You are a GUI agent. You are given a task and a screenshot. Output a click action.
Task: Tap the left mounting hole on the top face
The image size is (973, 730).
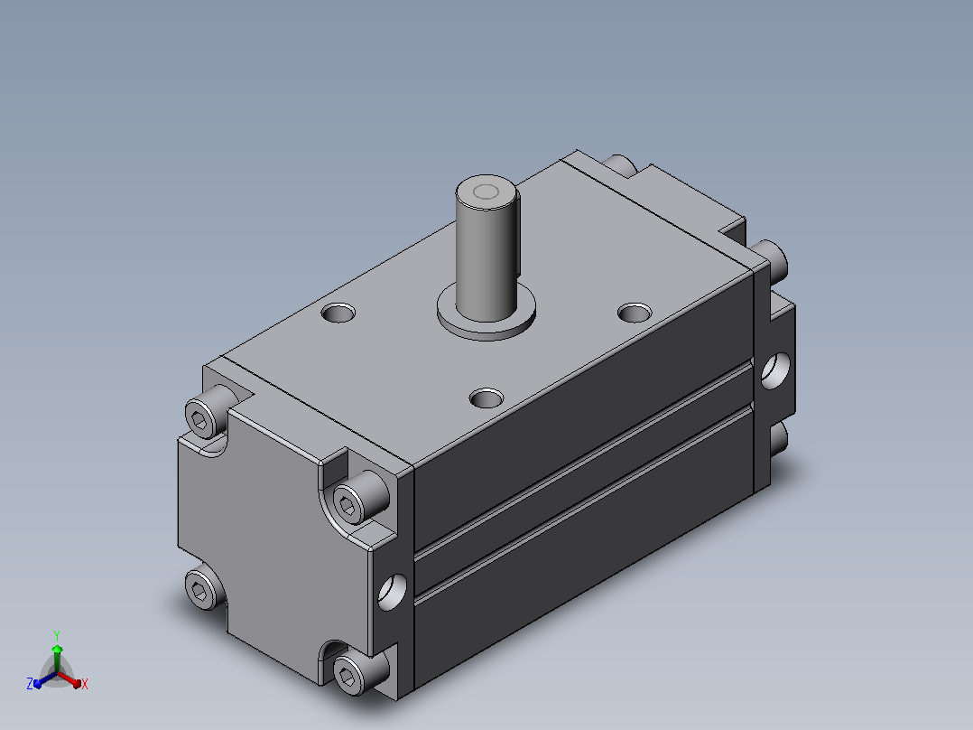tap(338, 313)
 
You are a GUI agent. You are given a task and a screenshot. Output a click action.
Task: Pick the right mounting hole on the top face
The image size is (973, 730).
tap(635, 313)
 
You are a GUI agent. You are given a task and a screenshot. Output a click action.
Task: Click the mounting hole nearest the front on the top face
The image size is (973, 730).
tap(486, 398)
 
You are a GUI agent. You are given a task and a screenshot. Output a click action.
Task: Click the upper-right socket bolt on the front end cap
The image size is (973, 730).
tap(360, 497)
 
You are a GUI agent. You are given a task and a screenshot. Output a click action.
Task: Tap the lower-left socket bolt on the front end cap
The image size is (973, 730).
tap(204, 588)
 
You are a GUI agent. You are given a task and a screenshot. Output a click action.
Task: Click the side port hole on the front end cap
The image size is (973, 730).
tap(392, 592)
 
